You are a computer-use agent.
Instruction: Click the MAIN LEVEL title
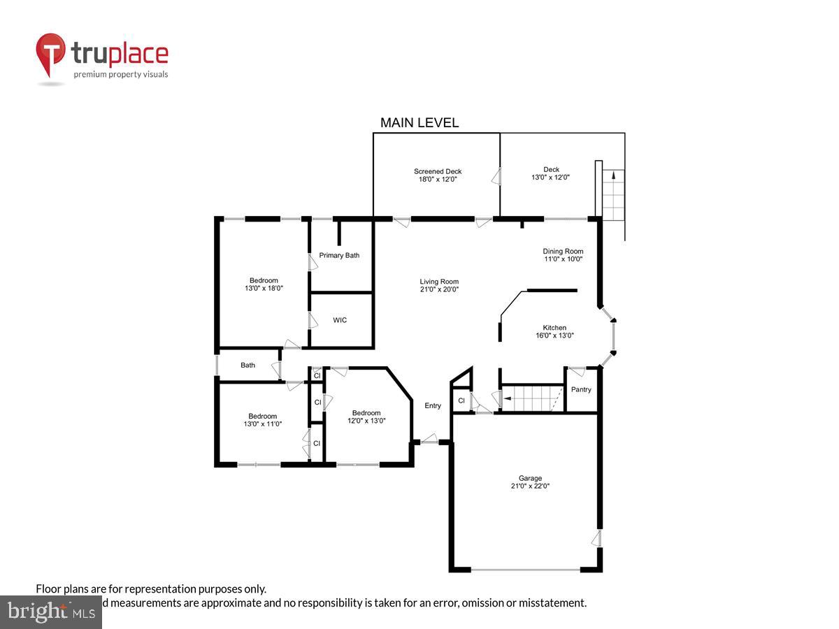coord(419,123)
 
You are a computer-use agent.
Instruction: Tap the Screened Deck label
coord(438,171)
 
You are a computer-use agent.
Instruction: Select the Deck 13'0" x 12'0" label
coord(551,173)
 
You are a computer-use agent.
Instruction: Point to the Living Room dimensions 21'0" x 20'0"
coord(439,289)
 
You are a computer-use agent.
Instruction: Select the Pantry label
coord(581,389)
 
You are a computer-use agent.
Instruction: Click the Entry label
coord(433,406)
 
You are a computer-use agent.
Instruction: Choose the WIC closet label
coord(340,320)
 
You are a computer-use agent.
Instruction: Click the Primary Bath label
coord(339,255)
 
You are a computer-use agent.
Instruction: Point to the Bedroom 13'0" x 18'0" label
coord(264,284)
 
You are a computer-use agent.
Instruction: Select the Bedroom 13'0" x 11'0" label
coord(262,420)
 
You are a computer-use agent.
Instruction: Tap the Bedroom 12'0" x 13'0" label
coord(366,417)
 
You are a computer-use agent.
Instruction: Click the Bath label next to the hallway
coord(248,365)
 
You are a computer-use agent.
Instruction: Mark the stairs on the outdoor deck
coord(613,195)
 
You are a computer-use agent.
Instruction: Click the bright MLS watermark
coord(50,612)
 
